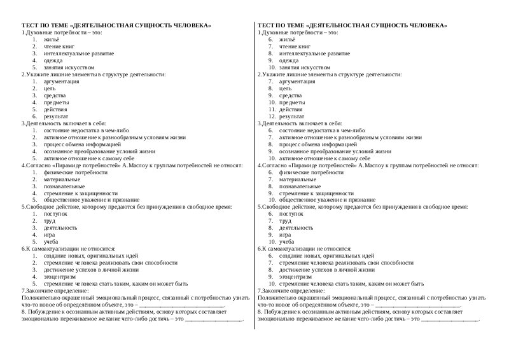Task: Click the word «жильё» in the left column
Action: (x=50, y=39)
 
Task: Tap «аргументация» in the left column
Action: (x=62, y=81)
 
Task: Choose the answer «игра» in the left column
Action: (x=50, y=235)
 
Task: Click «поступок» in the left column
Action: (x=55, y=214)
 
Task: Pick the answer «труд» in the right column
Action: (x=285, y=221)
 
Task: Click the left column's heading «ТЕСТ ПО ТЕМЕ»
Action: (x=45, y=25)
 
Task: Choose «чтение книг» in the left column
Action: (x=59, y=46)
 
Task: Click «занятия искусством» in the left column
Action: (x=69, y=67)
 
